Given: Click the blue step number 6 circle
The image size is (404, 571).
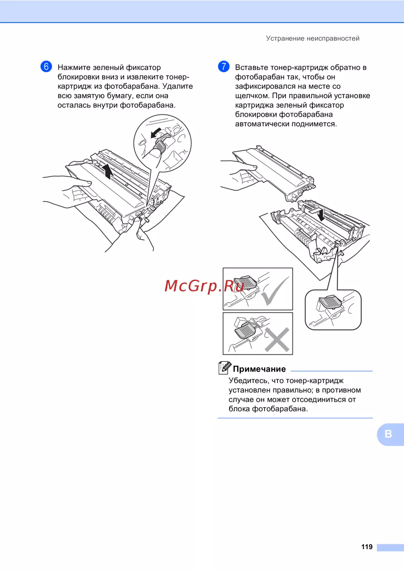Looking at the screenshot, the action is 46,66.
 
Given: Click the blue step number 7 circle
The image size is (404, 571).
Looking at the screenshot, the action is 223,66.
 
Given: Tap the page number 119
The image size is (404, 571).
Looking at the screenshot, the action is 367,546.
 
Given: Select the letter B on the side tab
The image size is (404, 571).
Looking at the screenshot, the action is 388,434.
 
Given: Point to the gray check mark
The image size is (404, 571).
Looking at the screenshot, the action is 275,291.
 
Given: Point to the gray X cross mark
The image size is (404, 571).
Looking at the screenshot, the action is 277,339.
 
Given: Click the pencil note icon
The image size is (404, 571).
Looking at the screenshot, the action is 225,368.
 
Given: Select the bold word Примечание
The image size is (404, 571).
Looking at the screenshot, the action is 259,369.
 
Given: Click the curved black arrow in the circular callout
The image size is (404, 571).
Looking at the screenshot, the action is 156,133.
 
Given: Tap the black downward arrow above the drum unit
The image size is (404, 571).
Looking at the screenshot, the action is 321,215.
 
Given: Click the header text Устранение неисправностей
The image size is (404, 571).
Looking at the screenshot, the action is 313,38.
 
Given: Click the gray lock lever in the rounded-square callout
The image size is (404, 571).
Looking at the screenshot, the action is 330,302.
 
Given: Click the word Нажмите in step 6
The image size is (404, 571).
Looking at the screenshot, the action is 74,67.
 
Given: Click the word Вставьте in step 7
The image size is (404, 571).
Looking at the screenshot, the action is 251,67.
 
